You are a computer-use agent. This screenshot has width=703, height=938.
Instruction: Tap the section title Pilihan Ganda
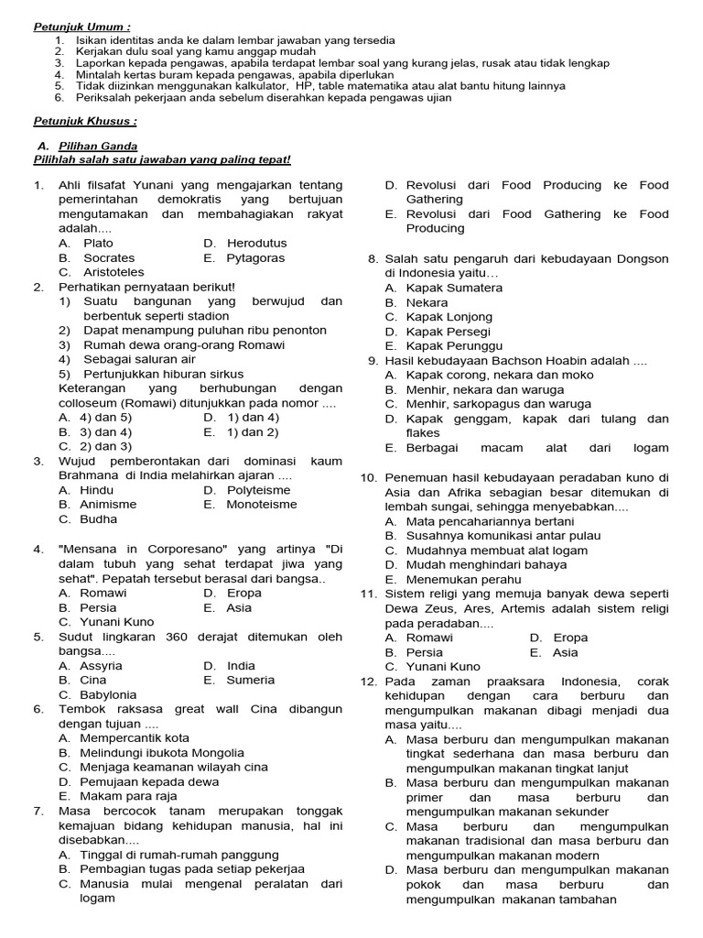[98, 146]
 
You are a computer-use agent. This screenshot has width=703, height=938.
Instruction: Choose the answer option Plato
[98, 244]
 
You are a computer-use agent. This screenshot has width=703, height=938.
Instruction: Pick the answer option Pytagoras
[255, 258]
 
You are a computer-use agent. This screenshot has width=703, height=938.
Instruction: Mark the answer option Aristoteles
[114, 273]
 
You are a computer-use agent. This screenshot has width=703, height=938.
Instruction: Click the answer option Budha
[99, 519]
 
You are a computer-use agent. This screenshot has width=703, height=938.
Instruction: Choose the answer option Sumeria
[250, 681]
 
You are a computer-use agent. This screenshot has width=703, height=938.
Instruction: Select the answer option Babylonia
[108, 695]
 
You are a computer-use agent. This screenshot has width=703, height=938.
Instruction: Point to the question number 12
[368, 682]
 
